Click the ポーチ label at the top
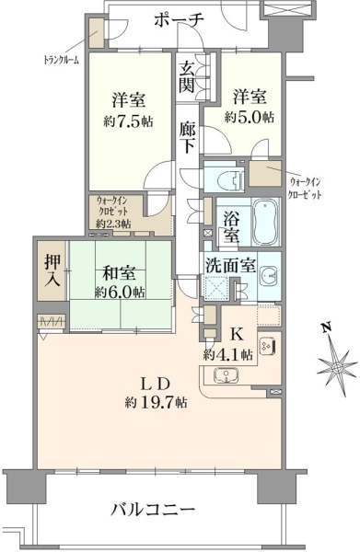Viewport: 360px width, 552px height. click(x=179, y=21)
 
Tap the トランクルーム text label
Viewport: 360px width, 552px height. click(x=62, y=60)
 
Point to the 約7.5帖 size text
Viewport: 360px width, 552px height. click(x=128, y=121)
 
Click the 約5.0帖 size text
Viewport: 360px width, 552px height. click(x=250, y=117)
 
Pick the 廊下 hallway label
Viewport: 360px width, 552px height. click(x=186, y=138)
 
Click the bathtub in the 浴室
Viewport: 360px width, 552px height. click(x=266, y=223)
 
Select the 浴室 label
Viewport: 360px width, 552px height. click(x=231, y=228)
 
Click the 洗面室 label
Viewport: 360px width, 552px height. click(x=231, y=266)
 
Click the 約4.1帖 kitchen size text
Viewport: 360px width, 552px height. click(x=228, y=355)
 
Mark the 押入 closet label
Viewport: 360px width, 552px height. click(x=52, y=270)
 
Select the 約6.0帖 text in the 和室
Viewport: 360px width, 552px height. click(x=120, y=292)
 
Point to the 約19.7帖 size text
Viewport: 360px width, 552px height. click(x=156, y=402)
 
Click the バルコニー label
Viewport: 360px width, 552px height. click(x=153, y=509)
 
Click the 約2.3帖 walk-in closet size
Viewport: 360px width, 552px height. click(x=114, y=224)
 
